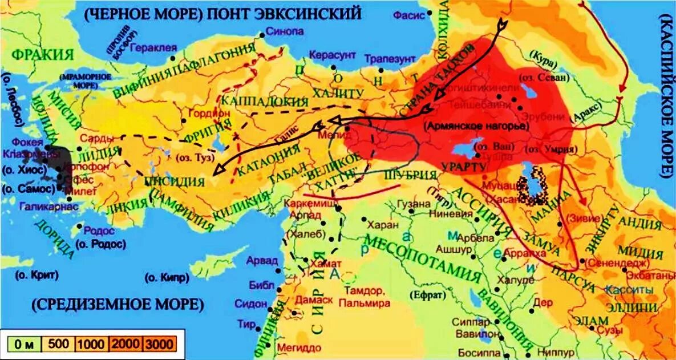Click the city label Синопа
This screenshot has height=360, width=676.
point(285,32)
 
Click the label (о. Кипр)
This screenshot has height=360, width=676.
point(166,278)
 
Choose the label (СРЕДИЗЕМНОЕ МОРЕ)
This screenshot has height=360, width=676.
point(118,304)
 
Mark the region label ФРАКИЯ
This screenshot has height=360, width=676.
point(43,55)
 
